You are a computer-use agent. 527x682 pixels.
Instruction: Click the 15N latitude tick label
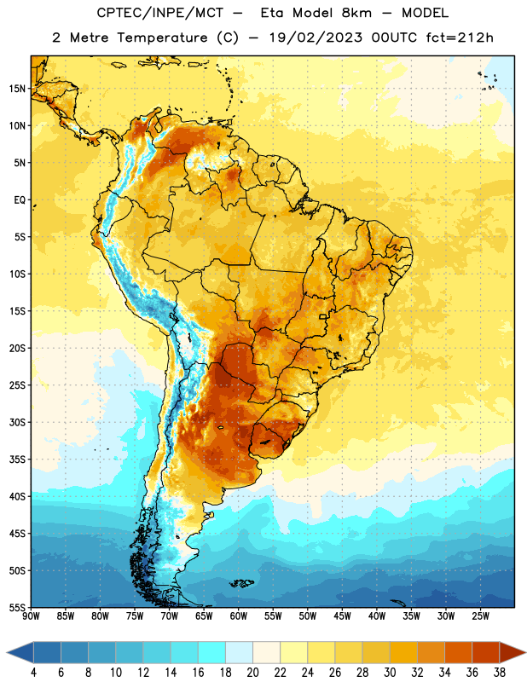pos(17,89)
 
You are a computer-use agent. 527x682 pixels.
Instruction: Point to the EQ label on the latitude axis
pos(20,200)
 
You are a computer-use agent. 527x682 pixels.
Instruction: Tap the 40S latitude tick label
pos(17,496)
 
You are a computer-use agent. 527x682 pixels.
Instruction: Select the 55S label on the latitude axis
pos(17,607)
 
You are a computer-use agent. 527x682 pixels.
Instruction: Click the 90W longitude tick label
pos(31,616)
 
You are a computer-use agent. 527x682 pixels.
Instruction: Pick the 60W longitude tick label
pos(239,616)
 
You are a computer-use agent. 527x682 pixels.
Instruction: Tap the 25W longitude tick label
pos(480,616)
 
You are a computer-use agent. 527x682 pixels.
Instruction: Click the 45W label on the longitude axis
pos(342,616)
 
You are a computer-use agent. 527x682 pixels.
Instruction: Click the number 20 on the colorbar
pos(252,673)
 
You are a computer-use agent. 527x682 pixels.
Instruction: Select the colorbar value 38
pos(500,673)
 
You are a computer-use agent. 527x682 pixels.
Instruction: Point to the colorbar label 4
pos(33,673)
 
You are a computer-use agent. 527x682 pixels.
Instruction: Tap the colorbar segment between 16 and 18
pos(212,652)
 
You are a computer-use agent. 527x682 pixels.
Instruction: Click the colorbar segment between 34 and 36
pos(459,652)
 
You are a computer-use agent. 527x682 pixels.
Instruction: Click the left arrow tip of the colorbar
pos(7,652)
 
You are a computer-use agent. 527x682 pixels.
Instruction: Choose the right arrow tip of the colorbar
pos(525,652)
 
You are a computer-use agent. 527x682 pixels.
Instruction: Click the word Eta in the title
pos(271,13)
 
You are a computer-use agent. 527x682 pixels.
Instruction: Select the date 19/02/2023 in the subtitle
pos(316,38)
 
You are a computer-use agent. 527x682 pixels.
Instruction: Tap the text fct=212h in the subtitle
pos(460,38)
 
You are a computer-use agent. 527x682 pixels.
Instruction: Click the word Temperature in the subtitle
pos(162,38)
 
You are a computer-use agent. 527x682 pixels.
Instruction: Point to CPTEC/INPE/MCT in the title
pos(160,13)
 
